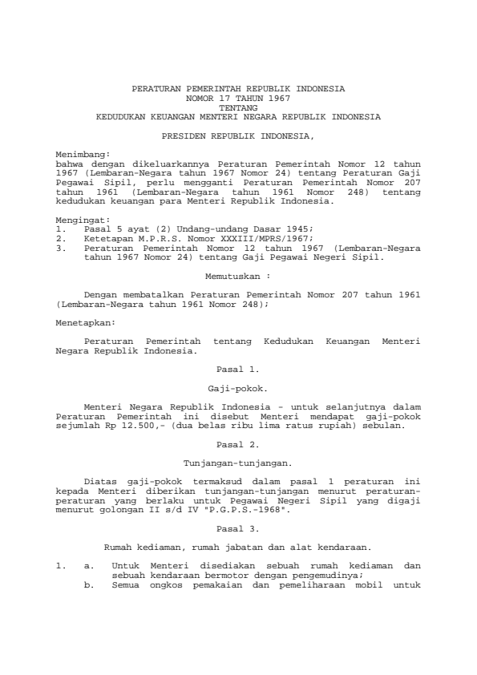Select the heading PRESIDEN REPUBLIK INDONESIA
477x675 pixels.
(238, 136)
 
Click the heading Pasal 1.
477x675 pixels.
(238, 370)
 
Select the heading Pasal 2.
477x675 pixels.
(238, 443)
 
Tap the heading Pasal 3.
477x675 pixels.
(238, 529)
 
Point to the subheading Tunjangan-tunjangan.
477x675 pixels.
(238, 463)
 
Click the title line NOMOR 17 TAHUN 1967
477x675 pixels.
(238, 97)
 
